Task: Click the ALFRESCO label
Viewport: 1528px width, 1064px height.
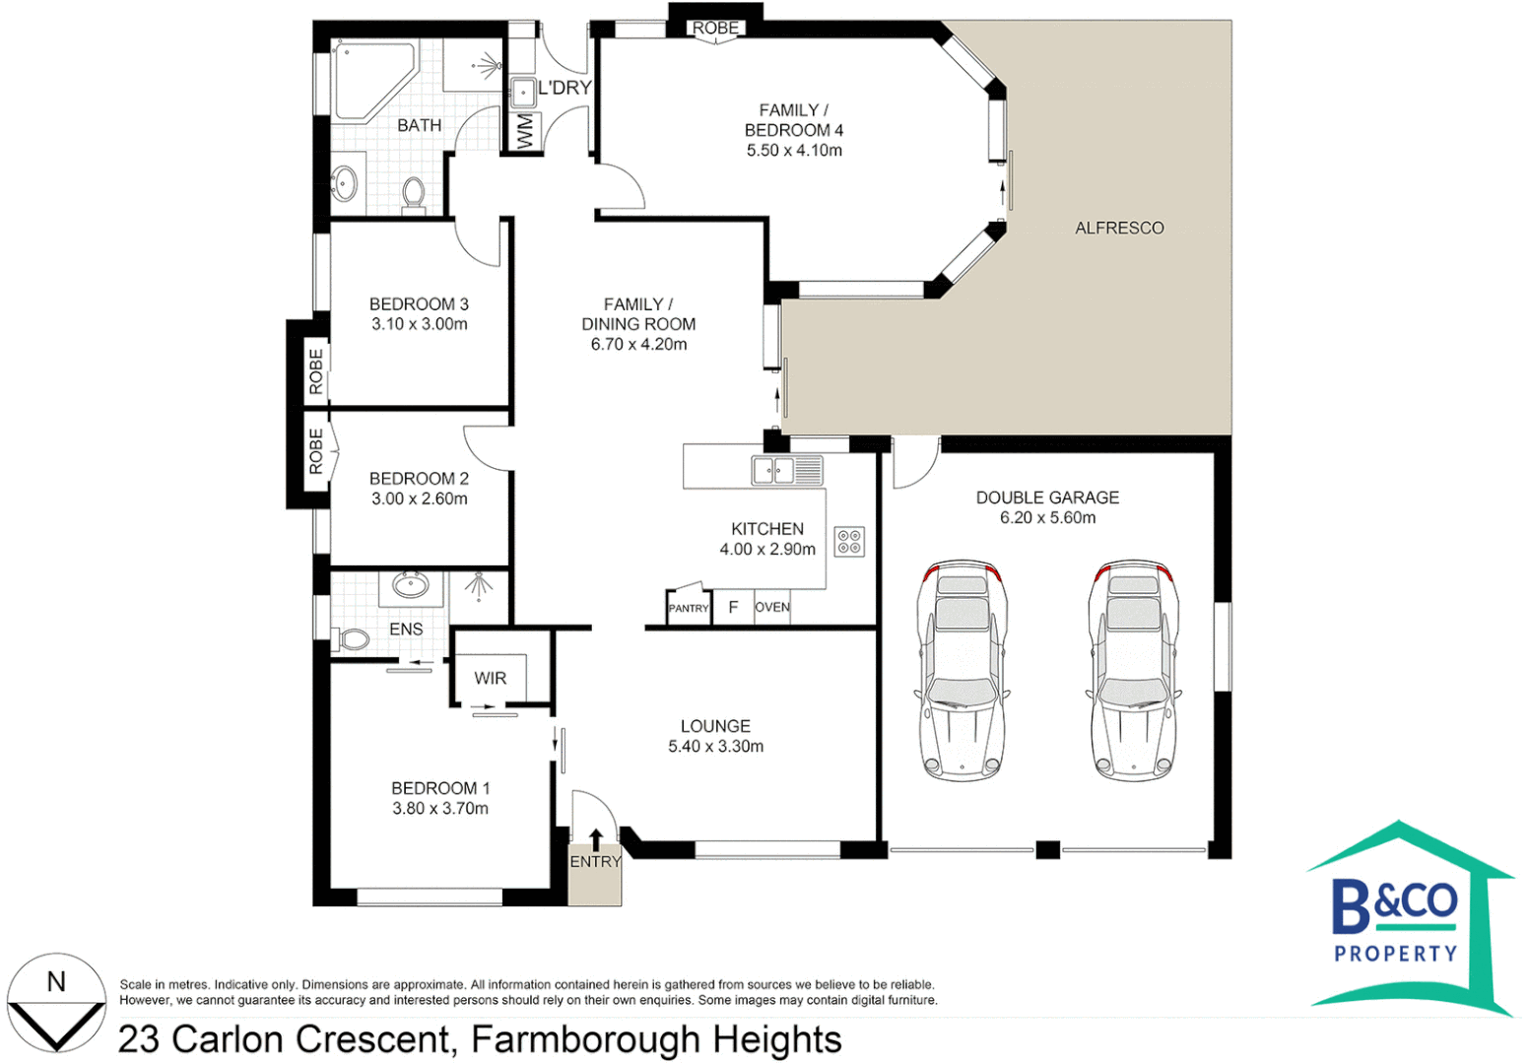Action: (1119, 228)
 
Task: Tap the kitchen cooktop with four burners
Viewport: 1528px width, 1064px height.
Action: (849, 542)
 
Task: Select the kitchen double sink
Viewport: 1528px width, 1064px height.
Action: (787, 470)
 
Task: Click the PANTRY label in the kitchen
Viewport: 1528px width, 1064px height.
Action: (689, 608)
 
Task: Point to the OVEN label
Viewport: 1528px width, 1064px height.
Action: (772, 607)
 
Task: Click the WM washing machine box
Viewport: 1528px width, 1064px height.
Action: (524, 132)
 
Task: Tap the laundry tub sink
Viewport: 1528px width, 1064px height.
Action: (523, 92)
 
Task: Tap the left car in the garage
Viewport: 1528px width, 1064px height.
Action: (962, 671)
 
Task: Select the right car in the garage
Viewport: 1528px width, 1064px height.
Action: (1134, 671)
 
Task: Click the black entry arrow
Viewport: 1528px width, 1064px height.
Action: (596, 839)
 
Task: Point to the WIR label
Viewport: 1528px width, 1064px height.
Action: (491, 678)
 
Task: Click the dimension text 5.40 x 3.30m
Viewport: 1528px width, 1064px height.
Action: (715, 746)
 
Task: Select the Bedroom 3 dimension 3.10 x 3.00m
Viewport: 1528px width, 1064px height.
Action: (420, 324)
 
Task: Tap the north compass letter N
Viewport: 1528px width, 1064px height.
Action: (56, 982)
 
